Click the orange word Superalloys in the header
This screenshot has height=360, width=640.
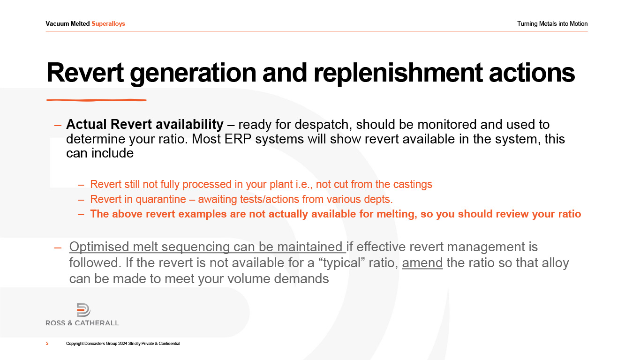[x=108, y=24]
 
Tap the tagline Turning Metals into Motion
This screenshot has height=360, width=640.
[x=552, y=24]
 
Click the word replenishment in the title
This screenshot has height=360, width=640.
[x=398, y=74]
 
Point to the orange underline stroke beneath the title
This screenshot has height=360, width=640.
[x=97, y=100]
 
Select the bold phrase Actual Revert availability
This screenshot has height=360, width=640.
[x=145, y=125]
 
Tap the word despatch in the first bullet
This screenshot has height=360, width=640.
[x=322, y=125]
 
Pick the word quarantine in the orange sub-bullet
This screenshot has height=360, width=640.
[x=161, y=199]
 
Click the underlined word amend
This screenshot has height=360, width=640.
[x=422, y=263]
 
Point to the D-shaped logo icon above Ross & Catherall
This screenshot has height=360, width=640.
[x=83, y=310]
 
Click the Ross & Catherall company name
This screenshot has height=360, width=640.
[x=83, y=323]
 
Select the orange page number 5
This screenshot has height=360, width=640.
[x=47, y=344]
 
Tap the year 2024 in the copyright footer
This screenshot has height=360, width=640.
[x=122, y=344]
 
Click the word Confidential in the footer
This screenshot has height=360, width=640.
[x=169, y=344]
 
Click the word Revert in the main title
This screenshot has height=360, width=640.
[x=85, y=73]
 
